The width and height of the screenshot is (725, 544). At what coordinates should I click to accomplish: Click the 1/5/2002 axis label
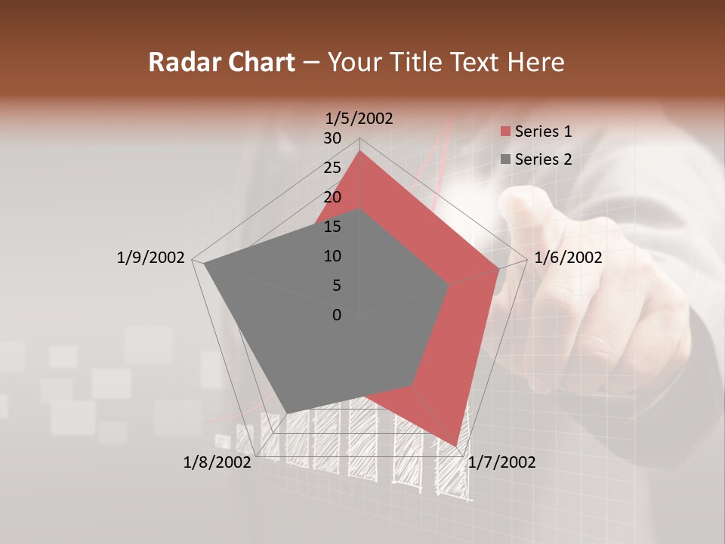[359, 118]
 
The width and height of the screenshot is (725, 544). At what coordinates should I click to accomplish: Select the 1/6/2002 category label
[568, 258]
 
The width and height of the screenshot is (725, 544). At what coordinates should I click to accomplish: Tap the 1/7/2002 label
[501, 462]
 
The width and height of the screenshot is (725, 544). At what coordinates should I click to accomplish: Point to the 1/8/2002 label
[217, 462]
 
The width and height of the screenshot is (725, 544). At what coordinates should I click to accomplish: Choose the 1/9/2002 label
[150, 258]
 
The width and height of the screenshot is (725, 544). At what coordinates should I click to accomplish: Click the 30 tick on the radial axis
[332, 138]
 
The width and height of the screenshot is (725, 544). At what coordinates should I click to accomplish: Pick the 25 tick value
[332, 168]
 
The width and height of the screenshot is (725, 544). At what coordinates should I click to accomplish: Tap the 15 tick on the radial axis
[332, 227]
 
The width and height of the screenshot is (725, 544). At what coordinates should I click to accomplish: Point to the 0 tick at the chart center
[337, 315]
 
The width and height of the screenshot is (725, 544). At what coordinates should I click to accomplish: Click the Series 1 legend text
[543, 131]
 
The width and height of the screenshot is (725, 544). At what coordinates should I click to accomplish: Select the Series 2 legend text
[543, 159]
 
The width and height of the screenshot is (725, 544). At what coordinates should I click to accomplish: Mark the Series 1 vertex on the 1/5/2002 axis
[359, 151]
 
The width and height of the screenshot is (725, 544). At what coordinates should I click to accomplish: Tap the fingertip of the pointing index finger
[514, 198]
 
